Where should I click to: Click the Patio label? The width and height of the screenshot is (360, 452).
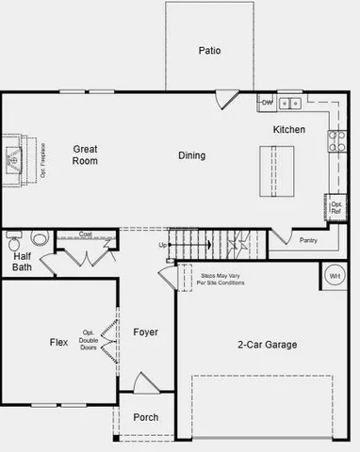(x=209, y=51)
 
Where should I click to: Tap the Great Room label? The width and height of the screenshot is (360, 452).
(x=86, y=154)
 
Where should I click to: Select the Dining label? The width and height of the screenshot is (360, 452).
(x=192, y=155)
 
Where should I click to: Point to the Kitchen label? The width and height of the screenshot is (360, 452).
(x=288, y=129)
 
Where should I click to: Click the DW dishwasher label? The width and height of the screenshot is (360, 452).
(x=267, y=102)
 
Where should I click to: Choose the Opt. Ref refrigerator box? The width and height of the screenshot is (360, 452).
(x=335, y=207)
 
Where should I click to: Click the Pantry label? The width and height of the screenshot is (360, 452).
(x=308, y=240)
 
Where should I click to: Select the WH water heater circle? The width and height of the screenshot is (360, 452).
(x=335, y=275)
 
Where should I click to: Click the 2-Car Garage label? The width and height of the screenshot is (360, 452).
(x=267, y=345)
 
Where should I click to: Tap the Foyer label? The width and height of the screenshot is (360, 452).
(x=145, y=332)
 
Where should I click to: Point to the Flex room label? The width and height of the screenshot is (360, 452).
(x=58, y=343)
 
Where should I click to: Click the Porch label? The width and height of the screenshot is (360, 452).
(x=145, y=417)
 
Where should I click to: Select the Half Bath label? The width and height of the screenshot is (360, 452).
(x=23, y=261)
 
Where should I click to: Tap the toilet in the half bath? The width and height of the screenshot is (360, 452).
(x=39, y=238)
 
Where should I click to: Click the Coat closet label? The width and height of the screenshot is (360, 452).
(x=85, y=234)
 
